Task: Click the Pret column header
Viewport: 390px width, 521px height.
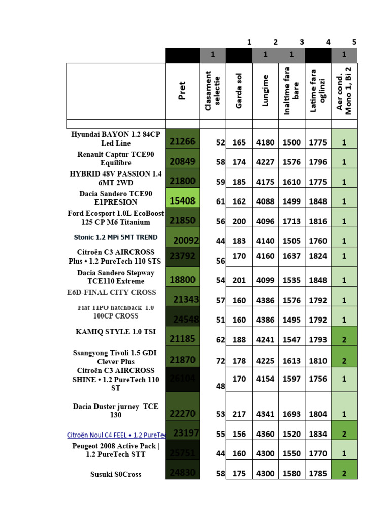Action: click(182, 91)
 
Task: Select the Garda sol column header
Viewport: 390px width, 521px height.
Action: click(239, 91)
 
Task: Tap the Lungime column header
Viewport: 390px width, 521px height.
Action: click(265, 91)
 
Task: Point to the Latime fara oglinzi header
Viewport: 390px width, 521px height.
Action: click(318, 91)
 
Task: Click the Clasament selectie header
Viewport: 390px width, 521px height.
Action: click(212, 91)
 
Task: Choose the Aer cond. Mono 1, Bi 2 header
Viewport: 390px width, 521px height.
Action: click(344, 91)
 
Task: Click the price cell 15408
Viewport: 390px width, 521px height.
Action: click(182, 201)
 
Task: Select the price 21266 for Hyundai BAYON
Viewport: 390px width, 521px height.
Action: click(182, 142)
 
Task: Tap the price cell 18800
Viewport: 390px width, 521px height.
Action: click(182, 280)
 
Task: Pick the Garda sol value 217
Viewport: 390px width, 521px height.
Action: click(239, 414)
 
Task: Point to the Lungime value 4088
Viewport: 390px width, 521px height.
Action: click(265, 201)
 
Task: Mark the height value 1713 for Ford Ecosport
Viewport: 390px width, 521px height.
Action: click(291, 221)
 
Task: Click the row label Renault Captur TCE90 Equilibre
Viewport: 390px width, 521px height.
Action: click(115, 158)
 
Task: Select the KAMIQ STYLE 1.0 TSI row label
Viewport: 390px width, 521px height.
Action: click(115, 332)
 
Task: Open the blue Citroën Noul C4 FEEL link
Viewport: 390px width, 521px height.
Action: click(116, 435)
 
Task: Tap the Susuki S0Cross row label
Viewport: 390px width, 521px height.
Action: click(115, 474)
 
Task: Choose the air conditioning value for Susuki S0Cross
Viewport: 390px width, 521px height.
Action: click(344, 473)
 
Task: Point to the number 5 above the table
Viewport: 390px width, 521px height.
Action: click(354, 42)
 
